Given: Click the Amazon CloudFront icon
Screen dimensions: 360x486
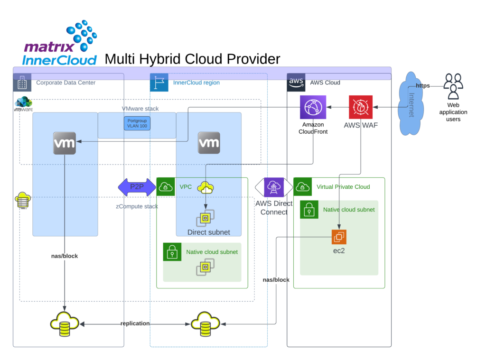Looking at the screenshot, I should (x=313, y=107).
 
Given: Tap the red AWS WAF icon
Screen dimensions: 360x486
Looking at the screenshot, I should (x=361, y=107).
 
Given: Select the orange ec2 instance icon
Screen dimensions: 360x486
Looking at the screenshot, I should (x=339, y=237).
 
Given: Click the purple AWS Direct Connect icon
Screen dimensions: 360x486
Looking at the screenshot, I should (x=274, y=187).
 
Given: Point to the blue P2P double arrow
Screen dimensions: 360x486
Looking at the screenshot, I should (x=137, y=187).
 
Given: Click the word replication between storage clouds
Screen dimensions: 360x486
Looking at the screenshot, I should (x=135, y=323).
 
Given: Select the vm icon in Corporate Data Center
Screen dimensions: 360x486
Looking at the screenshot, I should (x=65, y=143).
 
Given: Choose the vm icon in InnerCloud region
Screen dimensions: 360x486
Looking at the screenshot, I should (x=209, y=143).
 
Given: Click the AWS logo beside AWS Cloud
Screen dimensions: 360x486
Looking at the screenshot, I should (x=296, y=82).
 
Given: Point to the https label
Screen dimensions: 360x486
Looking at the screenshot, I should (x=423, y=86).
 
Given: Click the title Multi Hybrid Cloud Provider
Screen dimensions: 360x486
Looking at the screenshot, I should (x=192, y=59).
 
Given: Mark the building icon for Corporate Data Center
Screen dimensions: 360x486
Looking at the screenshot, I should (x=22, y=83).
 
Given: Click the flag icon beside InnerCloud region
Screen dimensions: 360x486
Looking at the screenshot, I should (x=159, y=83).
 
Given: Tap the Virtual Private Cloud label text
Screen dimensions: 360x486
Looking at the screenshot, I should (x=343, y=187).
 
